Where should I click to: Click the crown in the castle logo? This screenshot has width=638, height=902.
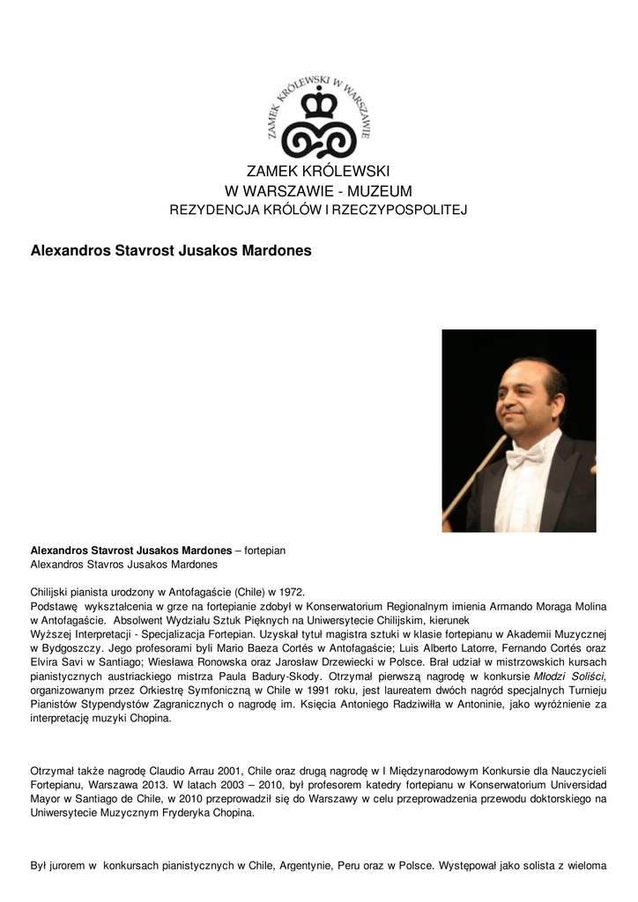point(319,104)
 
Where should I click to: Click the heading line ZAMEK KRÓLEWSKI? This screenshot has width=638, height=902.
point(318,171)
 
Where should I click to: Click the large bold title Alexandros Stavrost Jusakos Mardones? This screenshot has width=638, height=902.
point(171,250)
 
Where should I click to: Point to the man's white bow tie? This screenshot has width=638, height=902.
point(524,457)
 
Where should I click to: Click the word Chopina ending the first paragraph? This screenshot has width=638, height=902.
point(152,718)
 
